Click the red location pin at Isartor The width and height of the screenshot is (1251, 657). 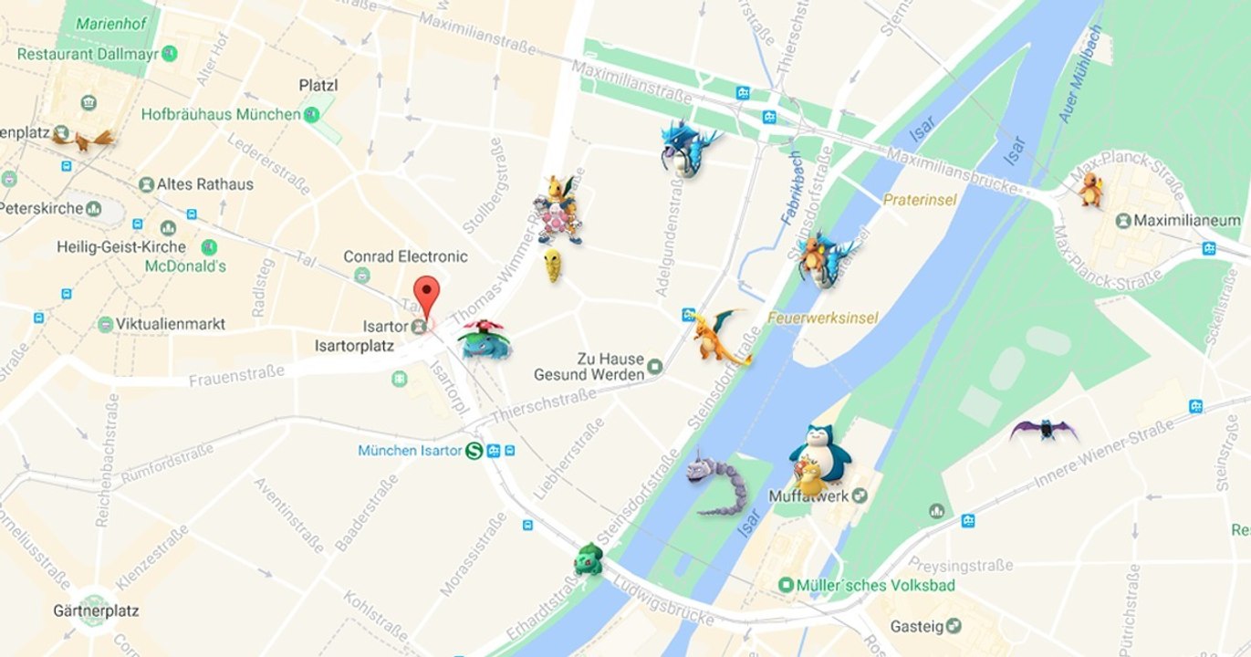426,295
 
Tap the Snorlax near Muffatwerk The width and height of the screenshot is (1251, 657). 819,451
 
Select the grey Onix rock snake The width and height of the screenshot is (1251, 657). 717,481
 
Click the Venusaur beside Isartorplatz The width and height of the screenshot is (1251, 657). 484,339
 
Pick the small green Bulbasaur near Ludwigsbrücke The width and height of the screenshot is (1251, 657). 589,558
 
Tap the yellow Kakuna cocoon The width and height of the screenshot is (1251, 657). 553,266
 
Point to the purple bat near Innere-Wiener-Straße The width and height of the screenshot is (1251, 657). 1043,430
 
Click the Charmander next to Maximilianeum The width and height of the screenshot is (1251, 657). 1090,189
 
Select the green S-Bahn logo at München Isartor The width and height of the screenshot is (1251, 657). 474,450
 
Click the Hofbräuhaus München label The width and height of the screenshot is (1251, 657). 221,115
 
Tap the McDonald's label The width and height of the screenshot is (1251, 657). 185,266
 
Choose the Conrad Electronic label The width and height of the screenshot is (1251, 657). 405,256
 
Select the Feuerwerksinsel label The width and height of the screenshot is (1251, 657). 823,318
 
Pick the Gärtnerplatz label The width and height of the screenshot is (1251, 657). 96,610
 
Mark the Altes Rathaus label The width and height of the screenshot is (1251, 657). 205,184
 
